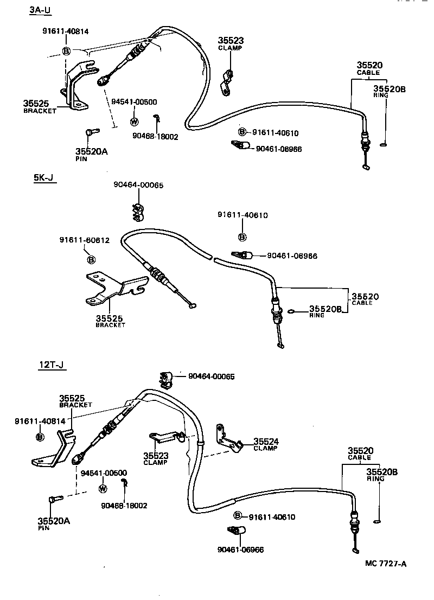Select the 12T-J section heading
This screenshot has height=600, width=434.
(52, 364)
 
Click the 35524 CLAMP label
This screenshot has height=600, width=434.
(265, 445)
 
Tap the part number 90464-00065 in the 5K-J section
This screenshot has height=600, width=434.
(138, 185)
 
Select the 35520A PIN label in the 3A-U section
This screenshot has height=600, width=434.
(91, 154)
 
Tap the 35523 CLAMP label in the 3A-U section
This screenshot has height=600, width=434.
(231, 43)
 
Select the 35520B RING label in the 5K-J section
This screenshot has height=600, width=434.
(325, 311)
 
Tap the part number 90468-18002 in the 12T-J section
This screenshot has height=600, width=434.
(124, 506)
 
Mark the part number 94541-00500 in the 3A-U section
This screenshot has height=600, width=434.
(134, 102)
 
